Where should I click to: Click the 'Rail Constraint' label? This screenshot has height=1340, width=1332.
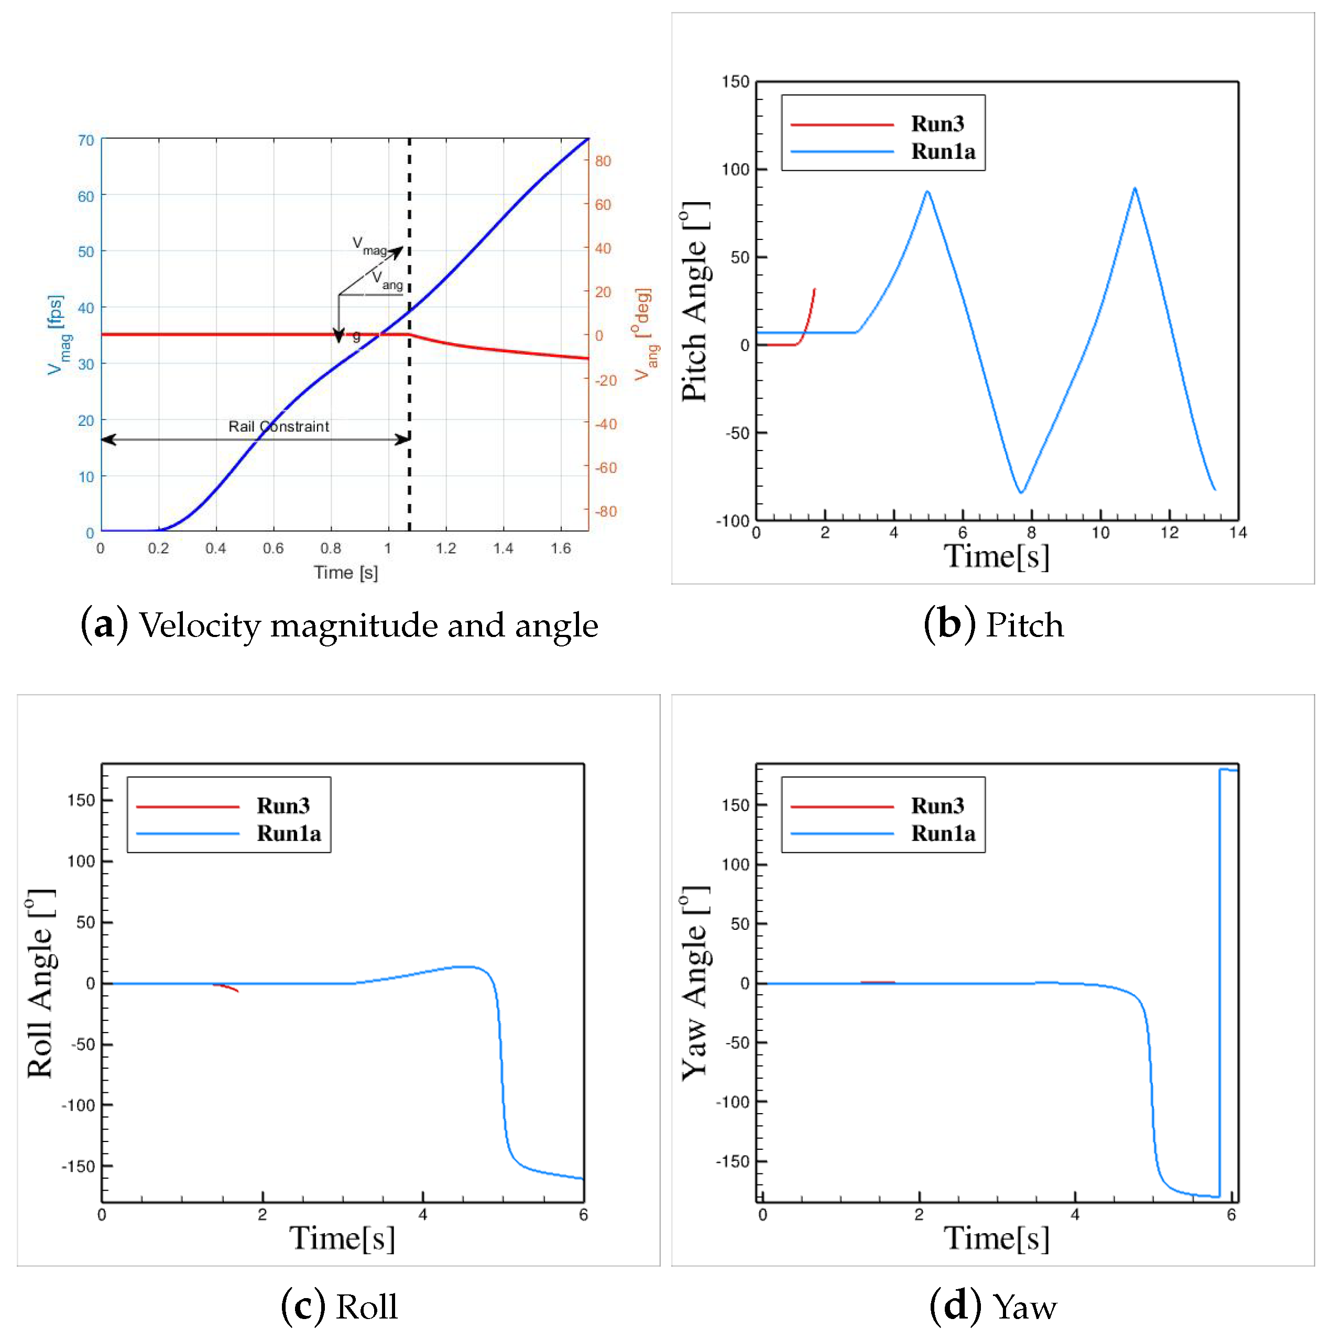(x=278, y=426)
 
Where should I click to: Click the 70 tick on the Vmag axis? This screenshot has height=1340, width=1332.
(x=86, y=140)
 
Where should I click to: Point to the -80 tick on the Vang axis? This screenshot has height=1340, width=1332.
(x=606, y=511)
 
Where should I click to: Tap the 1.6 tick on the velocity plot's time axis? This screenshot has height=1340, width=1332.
(x=561, y=548)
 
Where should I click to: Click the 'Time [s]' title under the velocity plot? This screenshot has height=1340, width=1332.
(x=345, y=572)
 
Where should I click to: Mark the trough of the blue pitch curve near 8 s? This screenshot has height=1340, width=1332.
(x=1021, y=492)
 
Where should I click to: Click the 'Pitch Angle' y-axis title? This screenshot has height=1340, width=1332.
(x=694, y=302)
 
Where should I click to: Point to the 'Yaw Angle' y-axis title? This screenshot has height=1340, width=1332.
(x=694, y=983)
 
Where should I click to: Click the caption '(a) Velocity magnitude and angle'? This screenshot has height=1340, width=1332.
(x=339, y=625)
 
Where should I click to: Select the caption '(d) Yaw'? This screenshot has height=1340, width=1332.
(x=993, y=1306)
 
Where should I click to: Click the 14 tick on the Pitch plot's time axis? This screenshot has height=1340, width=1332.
(x=1238, y=533)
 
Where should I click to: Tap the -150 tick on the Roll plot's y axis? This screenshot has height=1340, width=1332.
(x=78, y=1167)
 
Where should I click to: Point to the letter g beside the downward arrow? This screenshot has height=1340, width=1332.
(x=357, y=336)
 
